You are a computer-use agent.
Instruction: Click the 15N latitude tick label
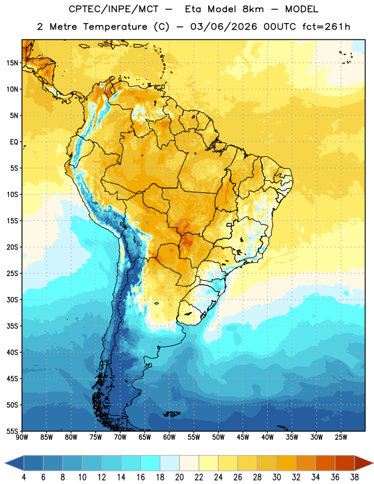(x=12, y=63)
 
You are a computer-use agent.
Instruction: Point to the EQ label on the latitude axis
(x=14, y=142)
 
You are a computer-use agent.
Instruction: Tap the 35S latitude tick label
(x=12, y=326)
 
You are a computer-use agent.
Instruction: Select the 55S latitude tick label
(x=12, y=431)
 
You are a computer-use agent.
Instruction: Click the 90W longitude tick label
(x=22, y=437)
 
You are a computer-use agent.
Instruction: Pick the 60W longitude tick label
(x=169, y=437)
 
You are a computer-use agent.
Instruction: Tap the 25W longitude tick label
(x=341, y=437)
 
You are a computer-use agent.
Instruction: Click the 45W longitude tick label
(x=243, y=437)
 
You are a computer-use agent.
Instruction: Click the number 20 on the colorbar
(x=179, y=477)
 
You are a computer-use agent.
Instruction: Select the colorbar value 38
(x=355, y=477)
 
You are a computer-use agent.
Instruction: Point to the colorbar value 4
(x=24, y=477)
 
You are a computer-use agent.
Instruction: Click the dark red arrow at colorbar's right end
(x=364, y=463)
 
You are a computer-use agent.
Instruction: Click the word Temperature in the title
(x=115, y=27)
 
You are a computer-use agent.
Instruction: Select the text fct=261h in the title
(x=326, y=27)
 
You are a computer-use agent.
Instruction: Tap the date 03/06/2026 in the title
(x=223, y=27)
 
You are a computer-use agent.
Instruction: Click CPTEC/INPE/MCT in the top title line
(x=114, y=9)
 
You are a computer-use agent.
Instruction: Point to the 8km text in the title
(x=253, y=9)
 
